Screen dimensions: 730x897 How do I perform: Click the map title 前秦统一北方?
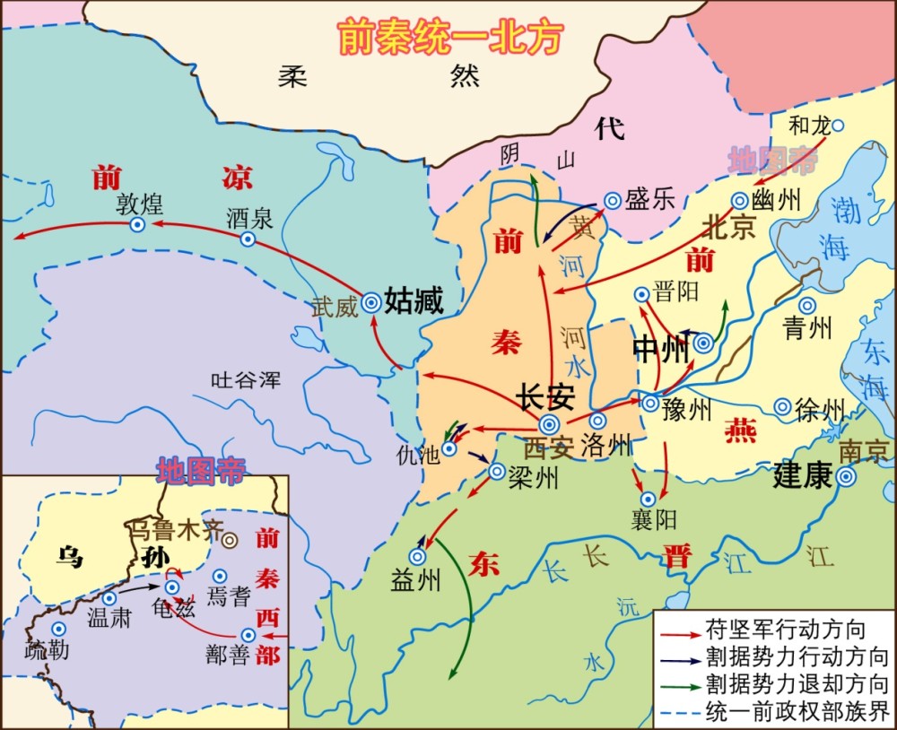[449, 38]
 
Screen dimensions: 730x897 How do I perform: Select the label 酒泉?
[250, 217]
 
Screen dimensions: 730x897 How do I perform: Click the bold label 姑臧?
[414, 301]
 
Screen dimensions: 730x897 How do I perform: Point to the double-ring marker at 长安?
[549, 425]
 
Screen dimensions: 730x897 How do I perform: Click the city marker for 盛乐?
[613, 202]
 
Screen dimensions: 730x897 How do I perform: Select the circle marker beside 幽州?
[740, 201]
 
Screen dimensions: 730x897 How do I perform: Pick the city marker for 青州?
[807, 306]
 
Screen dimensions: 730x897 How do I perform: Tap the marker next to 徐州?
[782, 406]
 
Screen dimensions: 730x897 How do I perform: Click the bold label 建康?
[802, 476]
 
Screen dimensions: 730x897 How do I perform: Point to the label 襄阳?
[653, 520]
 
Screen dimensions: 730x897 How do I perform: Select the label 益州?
[416, 580]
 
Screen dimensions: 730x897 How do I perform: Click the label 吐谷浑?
[245, 380]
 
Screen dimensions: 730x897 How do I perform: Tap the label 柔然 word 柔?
[292, 76]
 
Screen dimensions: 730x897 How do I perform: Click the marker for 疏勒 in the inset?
[59, 629]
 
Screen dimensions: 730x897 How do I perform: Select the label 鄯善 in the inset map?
[227, 656]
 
